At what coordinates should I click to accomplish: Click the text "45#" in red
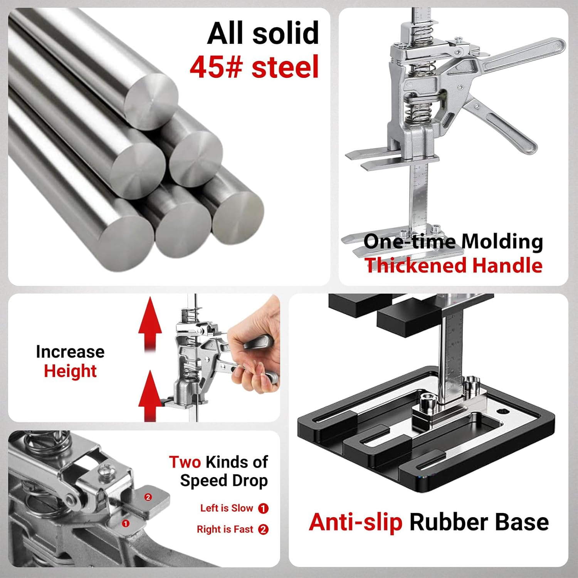pyautogui.click(x=216, y=67)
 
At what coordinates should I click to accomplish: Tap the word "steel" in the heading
pyautogui.click(x=285, y=67)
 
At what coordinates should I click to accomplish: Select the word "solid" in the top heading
pyautogui.click(x=286, y=33)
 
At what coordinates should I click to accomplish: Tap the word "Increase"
pyautogui.click(x=70, y=351)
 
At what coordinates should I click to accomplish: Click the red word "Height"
pyautogui.click(x=70, y=371)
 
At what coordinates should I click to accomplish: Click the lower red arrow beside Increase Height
pyautogui.click(x=150, y=396)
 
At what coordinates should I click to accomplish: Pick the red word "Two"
pyautogui.click(x=185, y=462)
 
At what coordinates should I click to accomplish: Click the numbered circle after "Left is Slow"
pyautogui.click(x=263, y=508)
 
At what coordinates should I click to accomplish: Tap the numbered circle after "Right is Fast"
pyautogui.click(x=263, y=529)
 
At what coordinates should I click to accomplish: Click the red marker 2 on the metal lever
pyautogui.click(x=148, y=497)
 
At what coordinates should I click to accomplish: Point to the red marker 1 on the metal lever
pyautogui.click(x=126, y=524)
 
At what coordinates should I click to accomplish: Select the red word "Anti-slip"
pyautogui.click(x=356, y=522)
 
